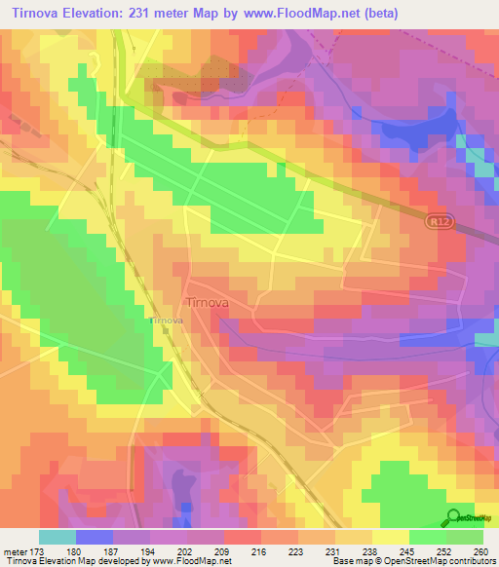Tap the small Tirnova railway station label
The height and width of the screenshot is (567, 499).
166,320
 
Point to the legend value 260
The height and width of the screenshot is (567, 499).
479,551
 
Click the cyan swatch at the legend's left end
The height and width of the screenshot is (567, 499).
57,537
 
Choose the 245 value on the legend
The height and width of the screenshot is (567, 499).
404,551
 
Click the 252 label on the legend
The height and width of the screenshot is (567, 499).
441,551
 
